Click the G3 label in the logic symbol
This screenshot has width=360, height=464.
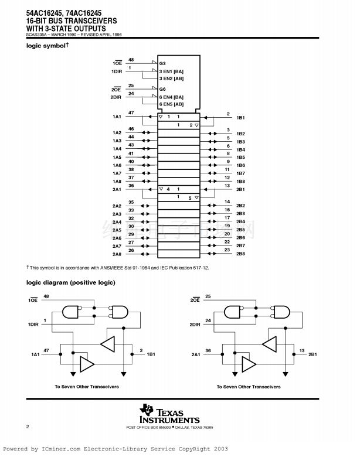point(163,63)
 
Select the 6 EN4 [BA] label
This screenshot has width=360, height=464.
point(171,97)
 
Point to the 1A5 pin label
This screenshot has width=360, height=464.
point(117,158)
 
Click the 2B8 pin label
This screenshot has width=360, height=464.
point(240,254)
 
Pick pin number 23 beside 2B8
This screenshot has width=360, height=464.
point(227,250)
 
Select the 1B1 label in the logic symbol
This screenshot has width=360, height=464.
point(240,118)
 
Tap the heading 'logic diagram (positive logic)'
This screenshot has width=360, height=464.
point(70,282)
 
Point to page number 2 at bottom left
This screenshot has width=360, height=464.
point(28,427)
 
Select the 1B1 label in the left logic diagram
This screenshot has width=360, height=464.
point(151,355)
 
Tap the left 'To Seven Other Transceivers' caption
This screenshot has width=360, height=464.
point(87,387)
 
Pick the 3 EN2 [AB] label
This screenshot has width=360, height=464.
point(171,78)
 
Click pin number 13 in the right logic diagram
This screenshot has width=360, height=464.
point(302,351)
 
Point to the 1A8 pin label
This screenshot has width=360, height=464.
point(117,182)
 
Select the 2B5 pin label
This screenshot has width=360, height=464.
point(240,230)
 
